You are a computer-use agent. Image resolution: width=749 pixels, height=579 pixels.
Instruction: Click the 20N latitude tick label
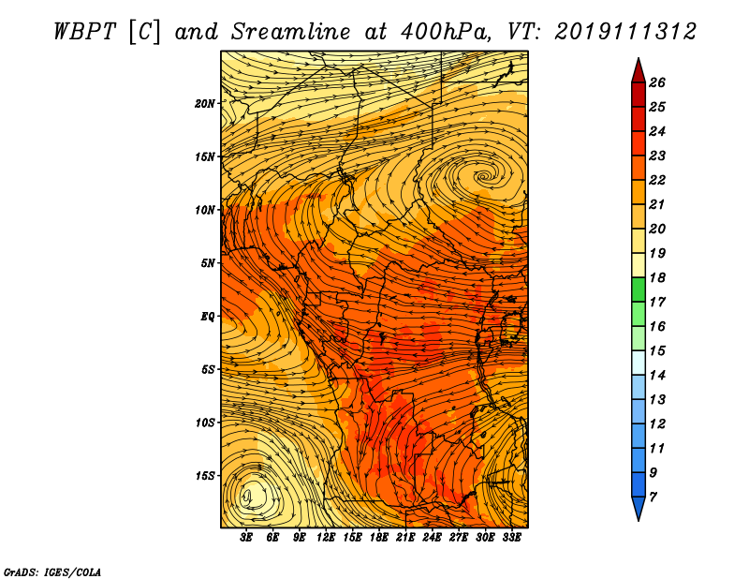204,103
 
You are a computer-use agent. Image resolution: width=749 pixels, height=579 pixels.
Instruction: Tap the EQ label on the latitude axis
207,317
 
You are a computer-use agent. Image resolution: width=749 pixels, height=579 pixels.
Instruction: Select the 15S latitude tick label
205,476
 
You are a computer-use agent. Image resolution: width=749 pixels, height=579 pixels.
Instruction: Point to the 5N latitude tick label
208,263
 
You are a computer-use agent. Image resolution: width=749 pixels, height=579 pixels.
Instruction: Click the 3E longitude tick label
246,537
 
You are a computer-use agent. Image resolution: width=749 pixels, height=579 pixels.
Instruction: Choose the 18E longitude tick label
378,537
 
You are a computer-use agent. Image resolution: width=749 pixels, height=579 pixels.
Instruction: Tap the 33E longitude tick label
511,537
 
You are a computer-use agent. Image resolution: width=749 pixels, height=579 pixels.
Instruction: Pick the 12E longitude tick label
325,537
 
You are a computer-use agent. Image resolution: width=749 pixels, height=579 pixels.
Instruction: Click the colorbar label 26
657,82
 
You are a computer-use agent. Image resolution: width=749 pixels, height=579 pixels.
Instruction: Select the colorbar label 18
657,277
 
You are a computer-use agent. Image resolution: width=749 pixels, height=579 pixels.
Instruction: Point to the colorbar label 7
653,497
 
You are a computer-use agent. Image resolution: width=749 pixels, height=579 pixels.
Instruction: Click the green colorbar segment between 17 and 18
639,289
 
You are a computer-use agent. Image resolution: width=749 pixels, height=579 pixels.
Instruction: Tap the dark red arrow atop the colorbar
639,71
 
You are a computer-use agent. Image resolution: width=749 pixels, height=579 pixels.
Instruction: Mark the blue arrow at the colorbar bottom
639,508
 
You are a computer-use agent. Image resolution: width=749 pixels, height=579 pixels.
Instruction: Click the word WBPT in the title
85,32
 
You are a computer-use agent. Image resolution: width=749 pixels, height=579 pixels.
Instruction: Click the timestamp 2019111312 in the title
625,32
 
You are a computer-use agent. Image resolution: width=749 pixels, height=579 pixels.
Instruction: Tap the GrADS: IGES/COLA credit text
52,572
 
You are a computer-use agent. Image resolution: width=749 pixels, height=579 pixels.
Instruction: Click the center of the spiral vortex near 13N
484,176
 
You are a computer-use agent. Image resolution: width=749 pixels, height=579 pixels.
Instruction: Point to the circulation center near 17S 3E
247,497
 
